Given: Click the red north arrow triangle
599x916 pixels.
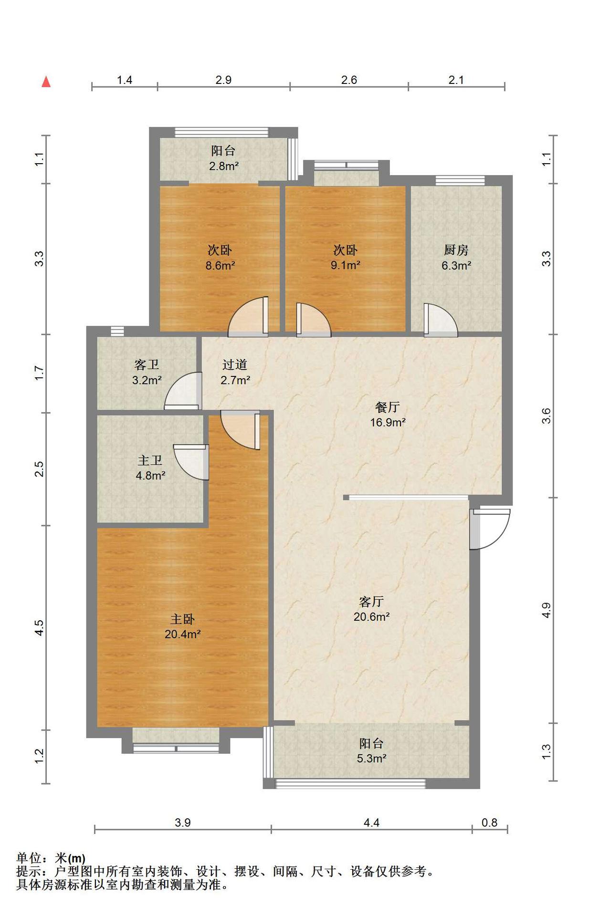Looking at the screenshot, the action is (46, 82).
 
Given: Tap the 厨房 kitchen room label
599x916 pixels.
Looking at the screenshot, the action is (456, 250).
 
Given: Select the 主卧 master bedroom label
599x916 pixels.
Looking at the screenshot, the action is (182, 619).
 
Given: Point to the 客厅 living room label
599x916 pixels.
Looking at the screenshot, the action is (371, 601).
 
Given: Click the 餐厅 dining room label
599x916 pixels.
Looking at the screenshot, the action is (388, 407).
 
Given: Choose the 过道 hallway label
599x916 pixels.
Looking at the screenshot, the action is (235, 364).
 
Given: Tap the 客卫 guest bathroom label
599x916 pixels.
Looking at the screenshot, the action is (147, 364).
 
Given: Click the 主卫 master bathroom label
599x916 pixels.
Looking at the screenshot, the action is (150, 460).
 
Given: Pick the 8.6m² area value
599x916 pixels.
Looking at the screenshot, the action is (220, 265).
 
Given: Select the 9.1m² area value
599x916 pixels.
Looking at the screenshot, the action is (346, 265).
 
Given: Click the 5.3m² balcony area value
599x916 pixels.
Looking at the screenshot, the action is (371, 758).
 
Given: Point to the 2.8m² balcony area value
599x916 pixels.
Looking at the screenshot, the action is (224, 166).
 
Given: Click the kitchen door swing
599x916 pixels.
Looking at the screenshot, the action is (441, 320).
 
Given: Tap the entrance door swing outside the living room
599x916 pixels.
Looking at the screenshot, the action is (490, 529).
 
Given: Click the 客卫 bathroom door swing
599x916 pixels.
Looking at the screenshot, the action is (182, 391).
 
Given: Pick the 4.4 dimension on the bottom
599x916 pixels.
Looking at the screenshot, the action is (371, 822).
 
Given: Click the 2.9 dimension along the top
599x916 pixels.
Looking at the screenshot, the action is (223, 80).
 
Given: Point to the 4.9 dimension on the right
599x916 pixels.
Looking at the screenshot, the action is (546, 610).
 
